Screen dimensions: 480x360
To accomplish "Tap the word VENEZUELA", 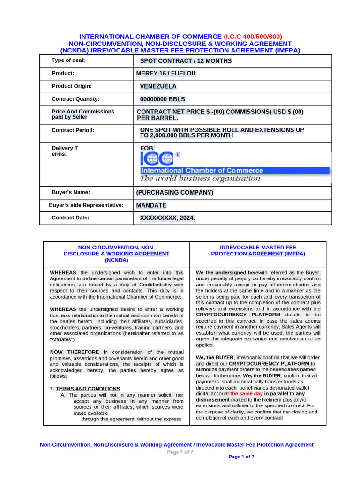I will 158,86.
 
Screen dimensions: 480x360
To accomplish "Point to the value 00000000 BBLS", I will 163,99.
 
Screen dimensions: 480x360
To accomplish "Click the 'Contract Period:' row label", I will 73,130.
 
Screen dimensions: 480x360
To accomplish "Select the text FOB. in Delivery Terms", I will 147,148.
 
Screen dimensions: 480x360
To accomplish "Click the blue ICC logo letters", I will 157,159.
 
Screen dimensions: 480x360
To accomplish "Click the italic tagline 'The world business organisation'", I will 200,179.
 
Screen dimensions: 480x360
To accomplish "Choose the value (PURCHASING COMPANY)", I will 174,192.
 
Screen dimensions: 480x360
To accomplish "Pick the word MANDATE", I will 151,205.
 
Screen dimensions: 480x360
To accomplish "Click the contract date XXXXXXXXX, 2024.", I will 167,218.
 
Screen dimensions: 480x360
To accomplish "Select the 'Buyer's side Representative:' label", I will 86,205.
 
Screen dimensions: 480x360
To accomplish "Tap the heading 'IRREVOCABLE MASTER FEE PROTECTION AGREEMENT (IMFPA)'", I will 258,250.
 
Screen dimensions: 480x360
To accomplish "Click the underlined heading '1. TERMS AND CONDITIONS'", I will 85,389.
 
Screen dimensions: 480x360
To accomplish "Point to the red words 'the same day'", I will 246,394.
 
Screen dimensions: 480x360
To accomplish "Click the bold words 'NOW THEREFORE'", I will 75,352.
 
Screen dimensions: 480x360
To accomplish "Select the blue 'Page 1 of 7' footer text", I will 241,457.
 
